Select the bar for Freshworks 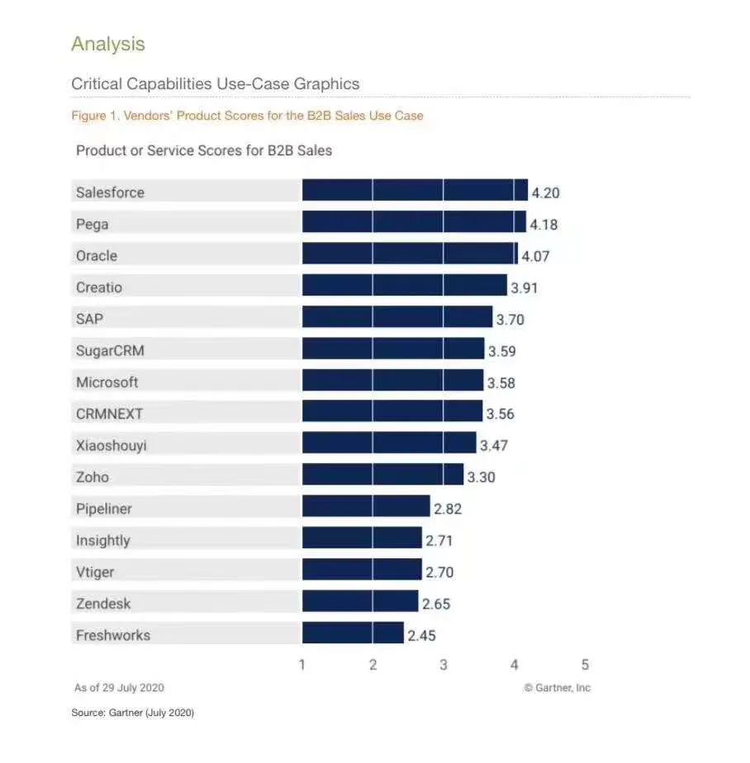click(353, 633)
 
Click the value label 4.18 click(544, 225)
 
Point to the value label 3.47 click(494, 446)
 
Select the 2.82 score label click(448, 509)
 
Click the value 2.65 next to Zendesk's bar click(436, 604)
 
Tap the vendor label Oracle click(97, 256)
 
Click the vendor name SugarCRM click(110, 351)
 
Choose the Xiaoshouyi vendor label click(112, 446)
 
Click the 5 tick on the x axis click(585, 665)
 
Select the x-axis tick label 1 click(302, 665)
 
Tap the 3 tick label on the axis click(444, 665)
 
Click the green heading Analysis click(108, 44)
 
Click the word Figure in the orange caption click(88, 116)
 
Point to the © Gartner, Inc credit click(558, 688)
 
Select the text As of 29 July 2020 click(120, 688)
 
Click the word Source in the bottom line click(88, 713)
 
